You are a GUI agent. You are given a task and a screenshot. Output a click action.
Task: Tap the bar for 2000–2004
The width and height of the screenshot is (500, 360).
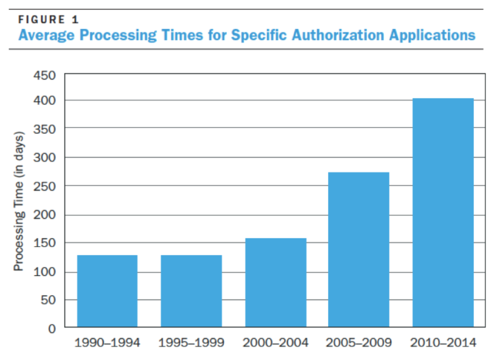pyautogui.click(x=276, y=282)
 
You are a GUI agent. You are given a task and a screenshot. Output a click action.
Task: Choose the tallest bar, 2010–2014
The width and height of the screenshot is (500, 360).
pyautogui.click(x=443, y=212)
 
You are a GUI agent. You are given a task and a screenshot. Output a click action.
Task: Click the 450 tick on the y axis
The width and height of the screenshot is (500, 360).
pyautogui.click(x=47, y=76)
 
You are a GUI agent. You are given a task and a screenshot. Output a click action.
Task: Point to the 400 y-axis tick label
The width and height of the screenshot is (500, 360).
pyautogui.click(x=47, y=101)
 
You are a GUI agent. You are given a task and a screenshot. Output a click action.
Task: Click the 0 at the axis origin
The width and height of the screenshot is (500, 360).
pyautogui.click(x=52, y=327)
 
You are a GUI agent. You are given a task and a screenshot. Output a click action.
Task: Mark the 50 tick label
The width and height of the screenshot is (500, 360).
pyautogui.click(x=50, y=300)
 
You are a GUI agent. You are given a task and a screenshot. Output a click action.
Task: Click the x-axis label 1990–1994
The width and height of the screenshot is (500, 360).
pyautogui.click(x=107, y=343)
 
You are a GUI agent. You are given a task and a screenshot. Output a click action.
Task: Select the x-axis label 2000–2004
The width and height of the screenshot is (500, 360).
pyautogui.click(x=276, y=343)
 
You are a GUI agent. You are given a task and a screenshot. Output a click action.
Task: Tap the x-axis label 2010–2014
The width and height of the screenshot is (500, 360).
pyautogui.click(x=443, y=343)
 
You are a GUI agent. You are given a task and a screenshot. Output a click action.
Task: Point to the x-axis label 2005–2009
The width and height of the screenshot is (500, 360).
pyautogui.click(x=359, y=343)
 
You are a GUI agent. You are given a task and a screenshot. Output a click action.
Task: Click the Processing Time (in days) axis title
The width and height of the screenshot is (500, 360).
pyautogui.click(x=19, y=201)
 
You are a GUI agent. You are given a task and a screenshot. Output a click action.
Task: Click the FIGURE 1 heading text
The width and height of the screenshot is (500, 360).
pyautogui.click(x=49, y=20)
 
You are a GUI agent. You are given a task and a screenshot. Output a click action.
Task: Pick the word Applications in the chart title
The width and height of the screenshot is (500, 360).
pyautogui.click(x=432, y=35)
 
